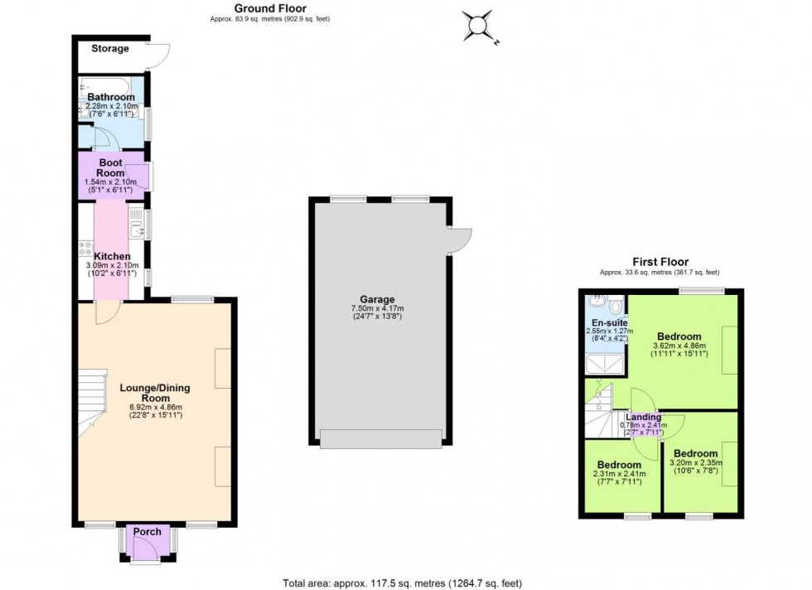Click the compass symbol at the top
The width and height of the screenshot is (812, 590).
pyautogui.click(x=479, y=27)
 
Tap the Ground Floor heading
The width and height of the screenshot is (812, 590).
pyautogui.click(x=270, y=9)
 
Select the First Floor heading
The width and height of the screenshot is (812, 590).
pyautogui.click(x=660, y=262)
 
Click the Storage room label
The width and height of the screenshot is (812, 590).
pyautogui.click(x=110, y=49)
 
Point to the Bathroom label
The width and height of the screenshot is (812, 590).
pyautogui.click(x=111, y=97)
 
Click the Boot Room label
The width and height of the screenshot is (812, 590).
pyautogui.click(x=111, y=167)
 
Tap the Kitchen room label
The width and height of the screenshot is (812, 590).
pyautogui.click(x=111, y=256)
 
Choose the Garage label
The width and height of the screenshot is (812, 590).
pyautogui.click(x=377, y=299)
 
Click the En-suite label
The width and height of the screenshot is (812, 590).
pyautogui.click(x=609, y=322)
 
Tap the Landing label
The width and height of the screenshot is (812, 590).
pyautogui.click(x=644, y=417)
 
